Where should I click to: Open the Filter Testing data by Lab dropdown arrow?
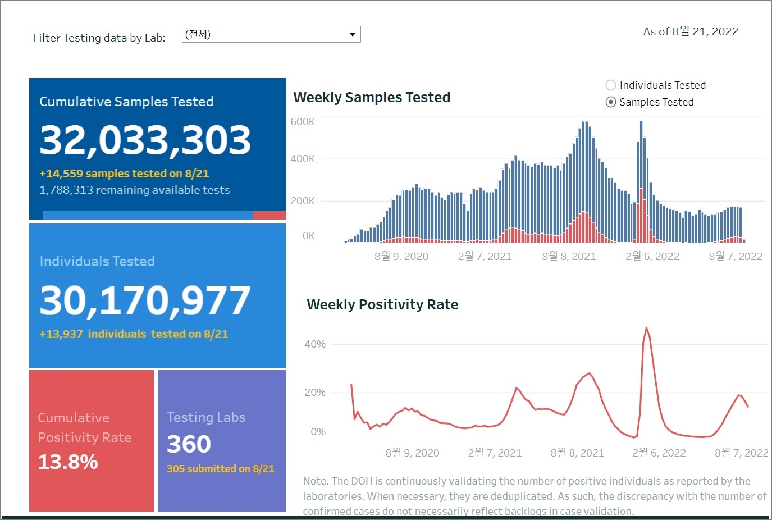tap(353, 35)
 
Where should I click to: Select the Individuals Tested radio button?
tap(611, 85)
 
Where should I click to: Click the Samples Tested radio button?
tap(611, 102)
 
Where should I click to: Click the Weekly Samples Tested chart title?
tap(372, 98)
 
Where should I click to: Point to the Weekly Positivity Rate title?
tap(382, 305)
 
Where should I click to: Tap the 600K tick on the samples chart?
tap(303, 122)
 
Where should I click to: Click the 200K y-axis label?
tap(303, 201)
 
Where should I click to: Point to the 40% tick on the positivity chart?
tap(315, 344)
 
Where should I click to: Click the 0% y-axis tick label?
tap(318, 432)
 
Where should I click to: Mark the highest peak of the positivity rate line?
tap(646, 328)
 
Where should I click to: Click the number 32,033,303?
tap(145, 140)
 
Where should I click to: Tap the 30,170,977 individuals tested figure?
tap(145, 300)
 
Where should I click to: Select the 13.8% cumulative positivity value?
tap(68, 462)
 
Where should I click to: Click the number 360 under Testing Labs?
tap(189, 444)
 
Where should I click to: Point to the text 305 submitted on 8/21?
tap(220, 469)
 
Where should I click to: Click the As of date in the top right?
tap(690, 32)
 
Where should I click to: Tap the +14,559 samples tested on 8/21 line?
tap(124, 174)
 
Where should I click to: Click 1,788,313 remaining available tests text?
tap(134, 190)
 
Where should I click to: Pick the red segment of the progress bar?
tap(269, 215)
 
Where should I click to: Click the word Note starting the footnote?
tap(315, 481)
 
